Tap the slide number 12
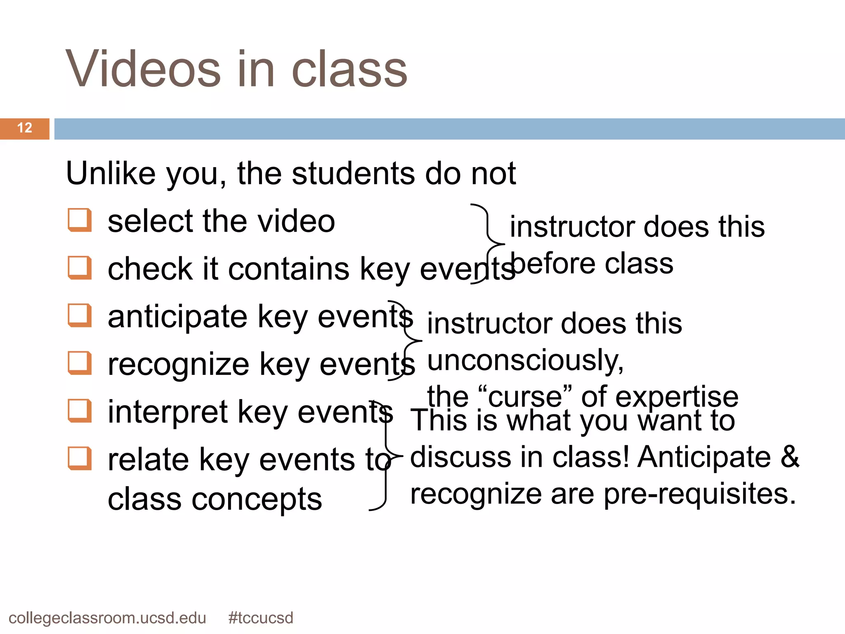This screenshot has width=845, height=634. point(25,128)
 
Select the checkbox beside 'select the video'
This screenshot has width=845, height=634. point(79,220)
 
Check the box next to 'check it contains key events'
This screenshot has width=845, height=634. point(79,267)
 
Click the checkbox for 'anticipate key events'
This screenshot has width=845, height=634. point(79,315)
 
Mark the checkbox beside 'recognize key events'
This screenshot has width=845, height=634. point(79,363)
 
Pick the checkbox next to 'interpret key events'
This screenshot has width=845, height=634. point(79,411)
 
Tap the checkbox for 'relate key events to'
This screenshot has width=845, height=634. point(79,458)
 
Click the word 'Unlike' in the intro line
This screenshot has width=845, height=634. point(111,173)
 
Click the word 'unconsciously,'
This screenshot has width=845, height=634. point(525,361)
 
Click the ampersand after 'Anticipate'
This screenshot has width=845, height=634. point(789,457)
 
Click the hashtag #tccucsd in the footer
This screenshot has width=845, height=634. point(261,618)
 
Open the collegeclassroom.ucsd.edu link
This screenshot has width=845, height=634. point(107,618)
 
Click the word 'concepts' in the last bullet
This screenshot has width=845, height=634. point(257,499)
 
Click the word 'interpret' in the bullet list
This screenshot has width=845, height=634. point(168,412)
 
